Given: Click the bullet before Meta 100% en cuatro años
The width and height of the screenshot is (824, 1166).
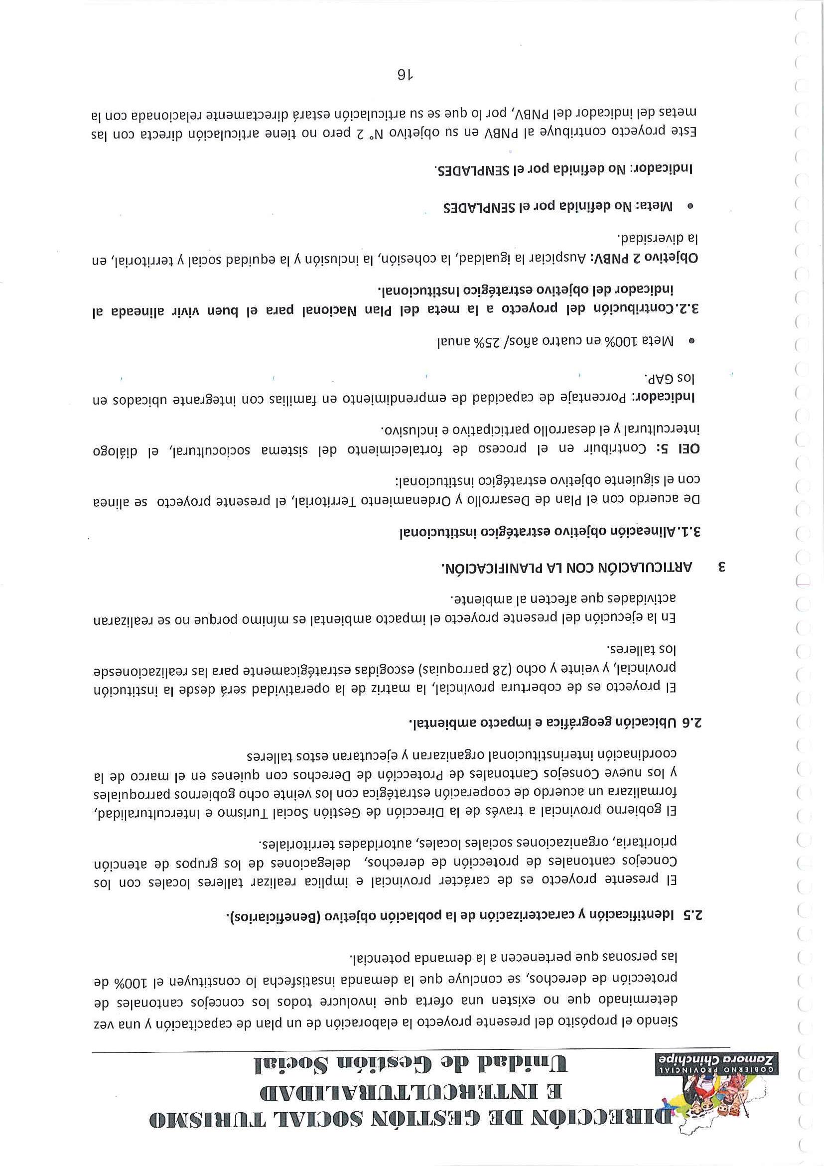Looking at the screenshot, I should pyautogui.click(x=690, y=342).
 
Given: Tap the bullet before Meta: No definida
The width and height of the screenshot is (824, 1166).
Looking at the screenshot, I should pyautogui.click(x=690, y=206).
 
